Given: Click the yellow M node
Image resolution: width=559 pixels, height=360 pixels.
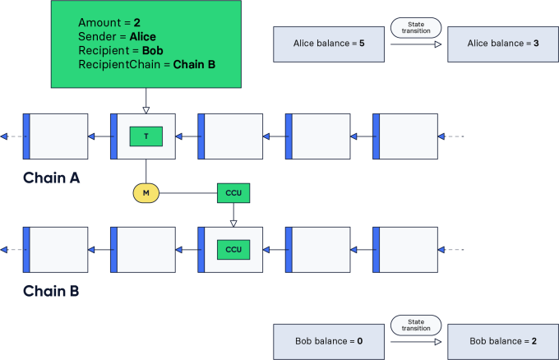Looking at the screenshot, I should click(146, 194).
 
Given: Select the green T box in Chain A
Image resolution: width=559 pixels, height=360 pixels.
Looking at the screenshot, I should click(146, 136).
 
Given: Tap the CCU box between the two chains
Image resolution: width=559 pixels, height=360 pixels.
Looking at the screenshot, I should click(233, 194).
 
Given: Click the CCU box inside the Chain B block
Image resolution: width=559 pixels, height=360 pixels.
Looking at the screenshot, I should click(233, 250).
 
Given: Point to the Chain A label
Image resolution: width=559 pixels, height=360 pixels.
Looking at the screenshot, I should click(51, 178).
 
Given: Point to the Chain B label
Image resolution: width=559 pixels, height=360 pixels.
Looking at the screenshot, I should click(51, 292).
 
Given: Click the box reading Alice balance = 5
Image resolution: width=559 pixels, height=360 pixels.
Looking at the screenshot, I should click(329, 44).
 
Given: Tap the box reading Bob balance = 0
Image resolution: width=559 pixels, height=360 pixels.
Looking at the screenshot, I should click(329, 341).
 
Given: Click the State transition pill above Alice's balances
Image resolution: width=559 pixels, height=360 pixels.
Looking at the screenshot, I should click(416, 27).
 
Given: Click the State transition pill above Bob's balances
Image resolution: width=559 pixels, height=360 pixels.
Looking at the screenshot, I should click(416, 325).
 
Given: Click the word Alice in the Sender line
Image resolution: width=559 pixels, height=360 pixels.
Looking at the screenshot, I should click(142, 36).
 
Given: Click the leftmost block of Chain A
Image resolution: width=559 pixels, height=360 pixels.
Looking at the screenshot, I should click(55, 136).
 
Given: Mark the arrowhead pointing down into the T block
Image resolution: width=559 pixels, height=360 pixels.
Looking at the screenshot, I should click(146, 110).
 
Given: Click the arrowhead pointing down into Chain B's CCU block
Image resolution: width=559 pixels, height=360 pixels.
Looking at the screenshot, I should click(233, 224).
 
